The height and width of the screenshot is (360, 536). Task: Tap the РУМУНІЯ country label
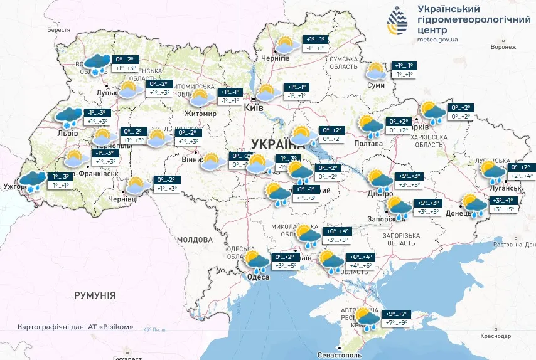coord(95,295)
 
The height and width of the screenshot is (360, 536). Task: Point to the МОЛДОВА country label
coord(194,240)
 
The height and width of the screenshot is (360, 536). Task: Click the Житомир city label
coord(200,114)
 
